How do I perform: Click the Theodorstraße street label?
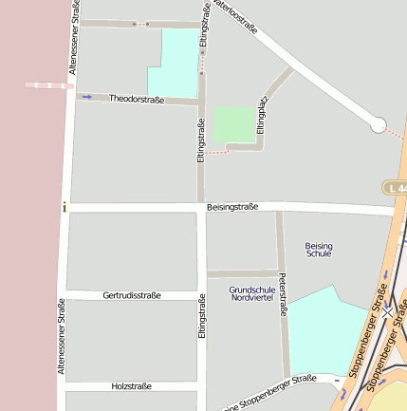[x=137, y=99]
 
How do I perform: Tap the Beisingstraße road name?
[x=232, y=208]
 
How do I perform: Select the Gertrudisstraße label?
[x=131, y=295]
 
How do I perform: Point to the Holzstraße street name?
[x=131, y=387]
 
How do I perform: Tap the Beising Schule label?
[x=320, y=250]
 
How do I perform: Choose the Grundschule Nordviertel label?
[x=252, y=293]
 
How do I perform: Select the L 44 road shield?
[x=396, y=188]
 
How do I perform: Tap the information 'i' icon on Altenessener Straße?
[x=64, y=207]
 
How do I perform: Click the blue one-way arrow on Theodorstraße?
[x=87, y=97]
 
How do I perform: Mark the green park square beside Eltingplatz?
[x=234, y=125]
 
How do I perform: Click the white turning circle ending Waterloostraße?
[x=378, y=124]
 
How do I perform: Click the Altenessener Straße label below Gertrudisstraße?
[x=62, y=338]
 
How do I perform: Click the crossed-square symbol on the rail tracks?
[x=387, y=310]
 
